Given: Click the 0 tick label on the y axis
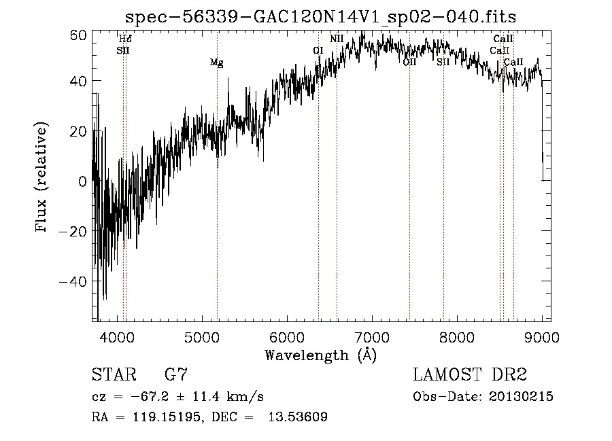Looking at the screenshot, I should [x=82, y=181].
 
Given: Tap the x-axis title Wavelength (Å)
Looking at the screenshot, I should [x=320, y=355].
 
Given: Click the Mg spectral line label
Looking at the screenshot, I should [x=216, y=63].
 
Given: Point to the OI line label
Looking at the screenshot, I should [x=318, y=50].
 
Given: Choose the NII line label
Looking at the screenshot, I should [x=337, y=39].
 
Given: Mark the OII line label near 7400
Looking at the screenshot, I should [x=409, y=62].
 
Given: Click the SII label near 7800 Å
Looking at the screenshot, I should [x=443, y=62].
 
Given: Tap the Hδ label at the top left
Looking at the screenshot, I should [x=124, y=39].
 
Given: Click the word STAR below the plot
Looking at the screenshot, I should [x=113, y=374].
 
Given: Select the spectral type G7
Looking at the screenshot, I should [x=176, y=374].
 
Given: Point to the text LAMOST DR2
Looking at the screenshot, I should [x=471, y=374].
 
